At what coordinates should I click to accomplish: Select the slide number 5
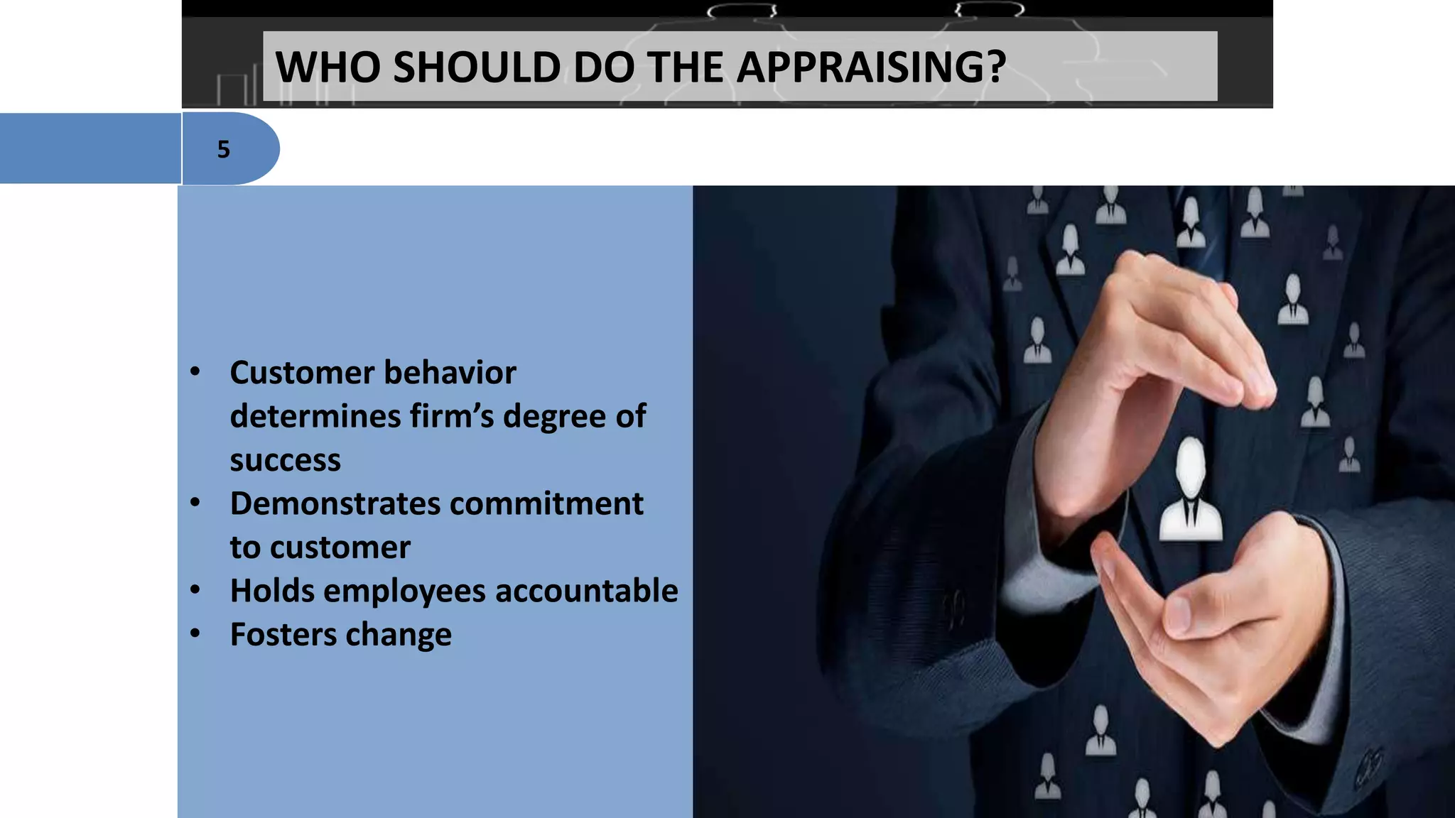224,149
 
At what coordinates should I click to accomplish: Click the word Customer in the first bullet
302,373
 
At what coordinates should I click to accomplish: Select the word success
285,460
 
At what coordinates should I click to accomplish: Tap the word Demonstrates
335,503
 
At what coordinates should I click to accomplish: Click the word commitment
546,503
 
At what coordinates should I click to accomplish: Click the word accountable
586,591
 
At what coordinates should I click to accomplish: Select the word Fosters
283,634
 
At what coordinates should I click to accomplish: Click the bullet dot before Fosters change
195,633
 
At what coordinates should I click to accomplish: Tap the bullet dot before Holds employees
195,589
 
